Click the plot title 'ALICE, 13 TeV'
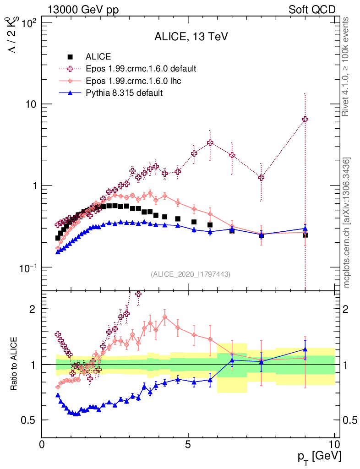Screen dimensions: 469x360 point(191,38)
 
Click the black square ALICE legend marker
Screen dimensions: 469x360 point(70,57)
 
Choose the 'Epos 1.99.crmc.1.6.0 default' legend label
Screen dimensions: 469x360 point(141,69)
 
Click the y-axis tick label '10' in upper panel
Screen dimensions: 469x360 point(32,104)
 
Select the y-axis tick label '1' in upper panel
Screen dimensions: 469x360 point(35,186)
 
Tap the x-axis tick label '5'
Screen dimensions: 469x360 point(188,444)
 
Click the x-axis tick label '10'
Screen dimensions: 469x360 point(334,444)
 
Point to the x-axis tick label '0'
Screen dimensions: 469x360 point(42,444)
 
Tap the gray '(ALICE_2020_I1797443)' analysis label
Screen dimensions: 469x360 point(191,274)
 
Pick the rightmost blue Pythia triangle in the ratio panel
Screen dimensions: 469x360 point(305,349)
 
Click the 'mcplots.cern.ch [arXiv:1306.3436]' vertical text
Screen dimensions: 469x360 point(347,223)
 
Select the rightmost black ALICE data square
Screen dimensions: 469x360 point(305,235)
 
